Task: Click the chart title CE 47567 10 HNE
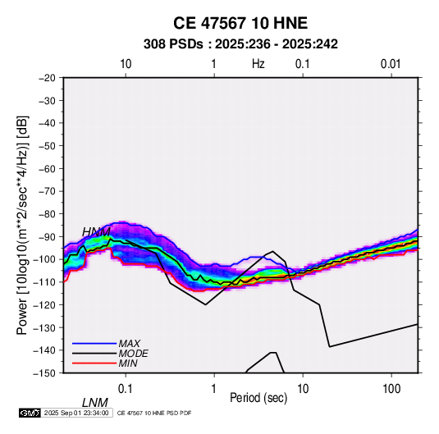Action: (x=240, y=23)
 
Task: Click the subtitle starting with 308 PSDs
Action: (x=240, y=44)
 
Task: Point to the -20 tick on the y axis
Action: (x=47, y=78)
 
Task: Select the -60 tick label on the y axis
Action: (x=47, y=168)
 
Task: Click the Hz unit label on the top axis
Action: (x=258, y=64)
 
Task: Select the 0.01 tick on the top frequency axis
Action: (x=391, y=64)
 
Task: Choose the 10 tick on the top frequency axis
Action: (x=126, y=64)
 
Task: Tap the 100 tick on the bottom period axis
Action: (x=391, y=389)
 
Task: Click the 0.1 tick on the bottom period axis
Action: (x=126, y=389)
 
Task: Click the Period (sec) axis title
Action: (x=258, y=398)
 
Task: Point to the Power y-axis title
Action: (x=22, y=226)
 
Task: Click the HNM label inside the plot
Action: (x=96, y=232)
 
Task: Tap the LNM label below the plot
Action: (x=95, y=403)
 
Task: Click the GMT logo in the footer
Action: (x=30, y=413)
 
